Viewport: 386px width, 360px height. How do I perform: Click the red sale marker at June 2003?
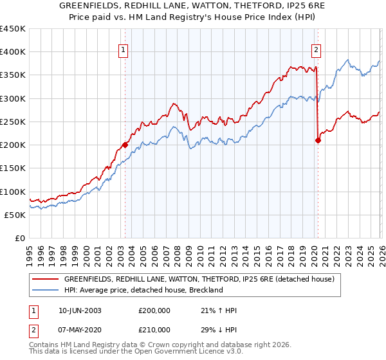click(x=125, y=145)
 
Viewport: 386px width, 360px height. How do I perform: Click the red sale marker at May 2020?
click(x=318, y=141)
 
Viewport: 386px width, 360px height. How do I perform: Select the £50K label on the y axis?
click(x=15, y=215)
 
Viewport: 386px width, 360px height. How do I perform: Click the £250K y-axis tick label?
click(x=13, y=122)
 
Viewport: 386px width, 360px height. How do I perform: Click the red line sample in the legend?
click(x=45, y=280)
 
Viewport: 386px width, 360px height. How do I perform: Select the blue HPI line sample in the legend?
click(x=45, y=291)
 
